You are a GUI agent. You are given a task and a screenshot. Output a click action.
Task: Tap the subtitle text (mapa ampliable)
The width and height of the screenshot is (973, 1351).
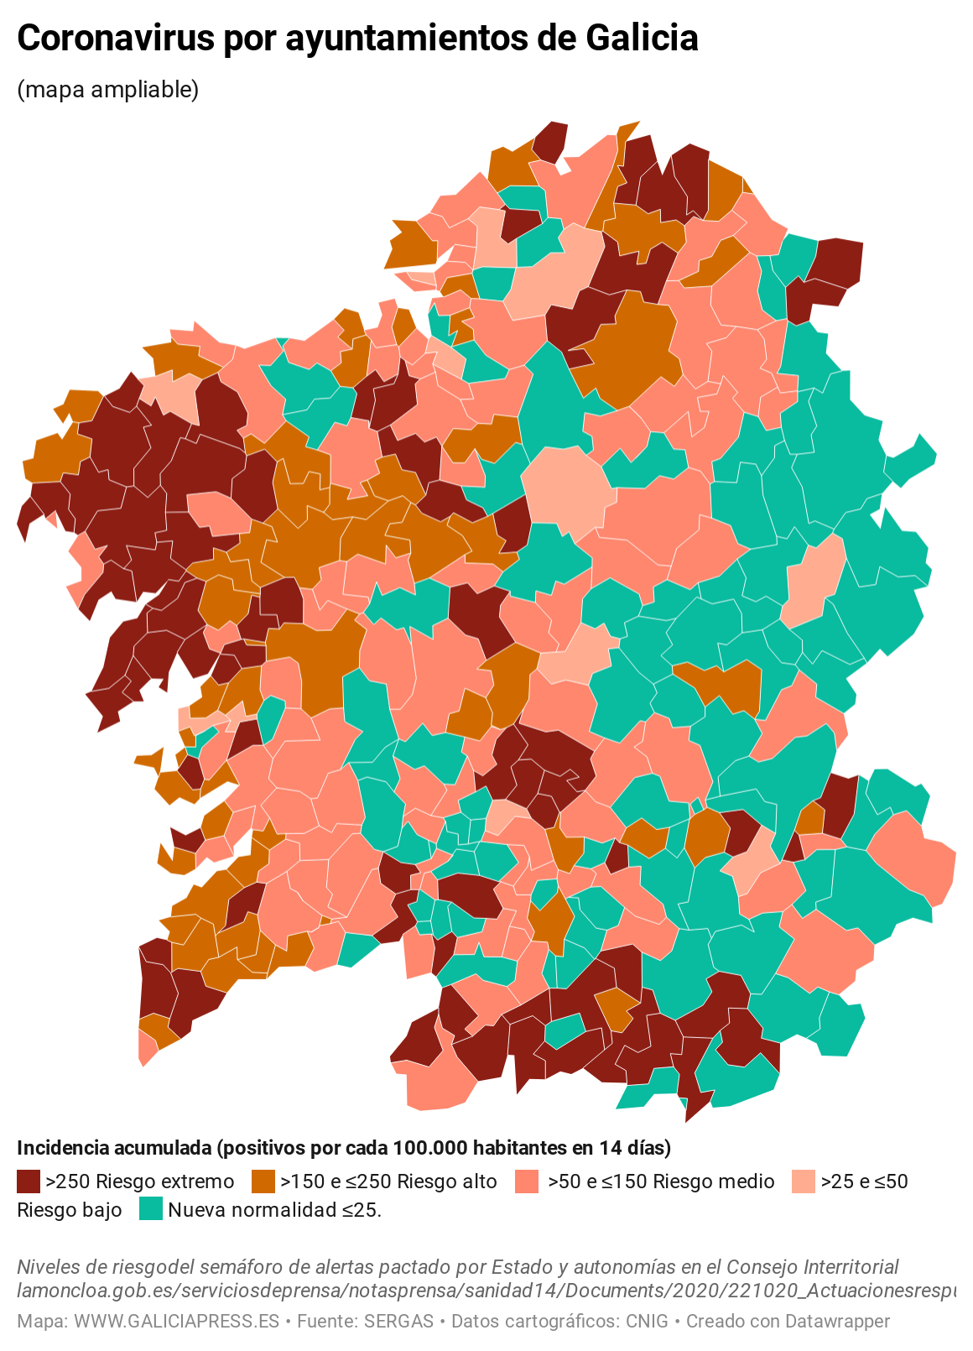click(108, 89)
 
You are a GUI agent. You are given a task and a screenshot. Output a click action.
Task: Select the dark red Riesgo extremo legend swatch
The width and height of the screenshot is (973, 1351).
click(29, 1181)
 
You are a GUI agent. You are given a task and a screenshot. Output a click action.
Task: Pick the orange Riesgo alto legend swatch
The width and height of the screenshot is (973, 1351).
click(263, 1181)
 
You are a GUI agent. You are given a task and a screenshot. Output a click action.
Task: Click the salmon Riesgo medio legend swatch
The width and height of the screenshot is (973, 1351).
click(528, 1181)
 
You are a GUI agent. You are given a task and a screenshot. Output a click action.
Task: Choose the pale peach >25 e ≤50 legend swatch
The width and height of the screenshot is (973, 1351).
click(804, 1181)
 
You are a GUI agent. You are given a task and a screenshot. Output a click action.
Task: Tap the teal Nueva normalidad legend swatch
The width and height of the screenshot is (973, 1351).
click(151, 1209)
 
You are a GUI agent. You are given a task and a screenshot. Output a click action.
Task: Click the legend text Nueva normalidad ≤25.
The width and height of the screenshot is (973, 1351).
click(274, 1210)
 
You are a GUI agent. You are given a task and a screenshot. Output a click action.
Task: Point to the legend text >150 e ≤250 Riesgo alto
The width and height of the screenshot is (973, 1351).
click(388, 1181)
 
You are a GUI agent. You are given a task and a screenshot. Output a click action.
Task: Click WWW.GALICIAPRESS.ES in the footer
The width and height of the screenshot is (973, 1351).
click(176, 1322)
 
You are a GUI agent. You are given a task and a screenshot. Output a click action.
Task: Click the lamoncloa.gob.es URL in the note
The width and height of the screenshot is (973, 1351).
click(486, 1291)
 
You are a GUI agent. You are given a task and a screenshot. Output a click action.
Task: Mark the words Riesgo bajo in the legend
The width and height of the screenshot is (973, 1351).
click(70, 1210)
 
